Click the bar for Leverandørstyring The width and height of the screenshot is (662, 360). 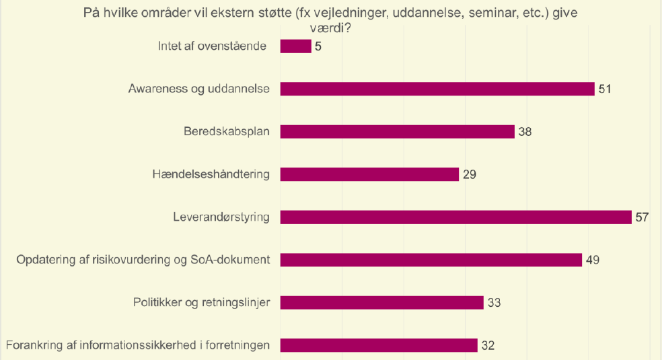455,217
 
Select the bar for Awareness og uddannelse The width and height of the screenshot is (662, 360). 437,89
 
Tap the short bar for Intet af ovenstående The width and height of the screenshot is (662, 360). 295,46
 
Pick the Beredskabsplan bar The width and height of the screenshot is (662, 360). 397,132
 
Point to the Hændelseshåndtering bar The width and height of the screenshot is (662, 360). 369,174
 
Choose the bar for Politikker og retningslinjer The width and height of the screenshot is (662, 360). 381,303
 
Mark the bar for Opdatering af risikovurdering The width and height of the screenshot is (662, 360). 431,260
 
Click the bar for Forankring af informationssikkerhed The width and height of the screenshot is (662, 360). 379,345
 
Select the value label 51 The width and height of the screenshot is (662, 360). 604,89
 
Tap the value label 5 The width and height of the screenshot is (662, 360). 318,46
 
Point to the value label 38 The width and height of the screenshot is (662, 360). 525,132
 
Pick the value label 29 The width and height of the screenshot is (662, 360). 469,174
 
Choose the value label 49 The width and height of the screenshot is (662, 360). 592,260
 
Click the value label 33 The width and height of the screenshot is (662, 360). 494,303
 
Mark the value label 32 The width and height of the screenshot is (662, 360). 488,345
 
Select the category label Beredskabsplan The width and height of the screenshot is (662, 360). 227,131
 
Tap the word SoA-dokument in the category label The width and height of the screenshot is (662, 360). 232,260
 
